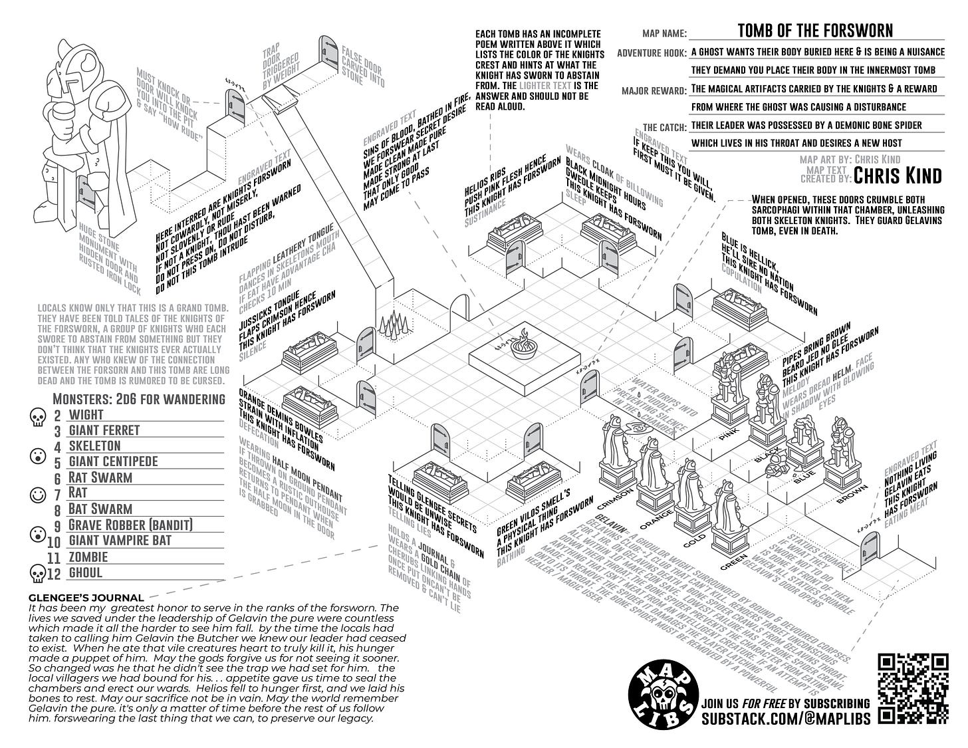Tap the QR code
click(x=912, y=688)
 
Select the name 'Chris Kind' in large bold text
click(x=898, y=175)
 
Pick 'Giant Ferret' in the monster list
click(x=104, y=430)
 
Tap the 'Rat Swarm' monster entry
click(x=100, y=477)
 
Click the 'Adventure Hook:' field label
click(x=652, y=53)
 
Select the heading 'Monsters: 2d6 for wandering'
click(x=138, y=399)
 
